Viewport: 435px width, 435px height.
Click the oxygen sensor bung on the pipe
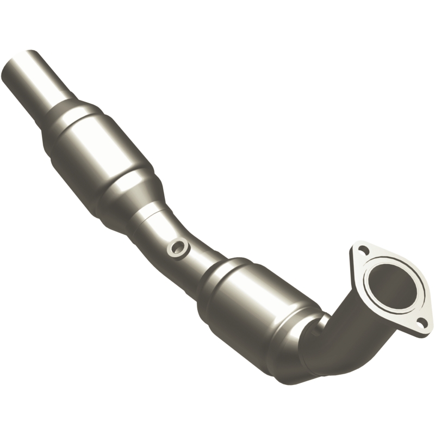point(177,248)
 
